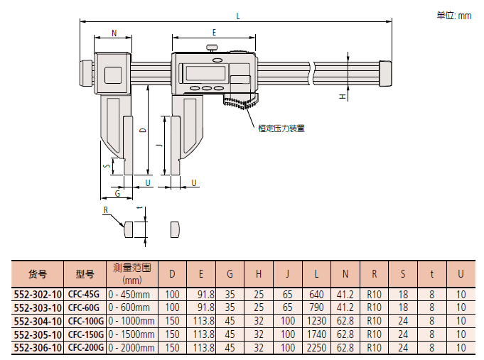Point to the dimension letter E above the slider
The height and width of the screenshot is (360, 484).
coord(213,33)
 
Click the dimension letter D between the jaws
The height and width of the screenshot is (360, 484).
coord(142,130)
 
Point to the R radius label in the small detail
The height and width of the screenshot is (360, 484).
coord(105,210)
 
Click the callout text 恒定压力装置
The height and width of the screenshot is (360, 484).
coord(281,129)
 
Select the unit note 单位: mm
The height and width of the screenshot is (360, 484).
coord(453,16)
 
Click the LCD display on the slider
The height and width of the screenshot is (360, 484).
coord(202,73)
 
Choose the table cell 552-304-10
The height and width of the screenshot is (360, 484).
coord(38,320)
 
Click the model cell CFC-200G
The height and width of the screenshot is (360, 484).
coord(85,347)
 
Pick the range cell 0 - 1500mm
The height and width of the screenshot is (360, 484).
coord(131,334)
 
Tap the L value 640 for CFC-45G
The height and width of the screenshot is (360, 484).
coord(316,293)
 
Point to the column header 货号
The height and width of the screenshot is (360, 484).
coord(38,273)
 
